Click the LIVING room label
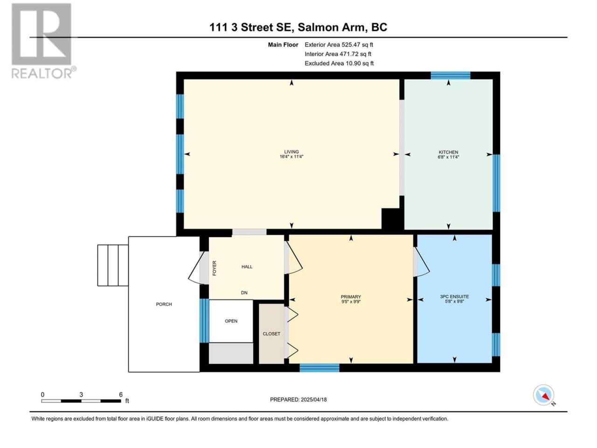[x=292, y=152]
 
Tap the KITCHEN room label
[x=448, y=152]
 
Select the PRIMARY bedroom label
[x=351, y=297]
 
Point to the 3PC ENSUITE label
[x=454, y=296]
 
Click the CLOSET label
[x=271, y=334]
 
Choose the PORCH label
[x=164, y=304]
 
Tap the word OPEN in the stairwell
[x=231, y=321]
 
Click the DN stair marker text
[x=244, y=293]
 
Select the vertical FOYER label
[x=215, y=268]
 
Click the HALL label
[x=247, y=266]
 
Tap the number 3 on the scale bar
[x=81, y=394]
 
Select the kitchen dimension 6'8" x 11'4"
[x=448, y=157]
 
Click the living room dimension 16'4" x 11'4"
[x=292, y=157]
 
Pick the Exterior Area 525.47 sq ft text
[x=339, y=45]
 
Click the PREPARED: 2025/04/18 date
[x=298, y=399]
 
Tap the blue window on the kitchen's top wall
[x=451, y=75]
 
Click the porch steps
[x=113, y=265]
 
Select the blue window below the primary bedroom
[x=319, y=368]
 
